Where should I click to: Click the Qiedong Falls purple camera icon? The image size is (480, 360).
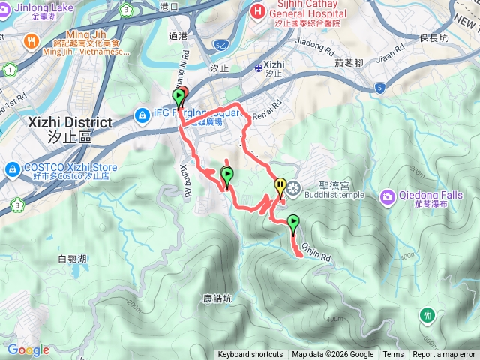click(388, 198)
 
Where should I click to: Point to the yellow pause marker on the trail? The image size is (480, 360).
click(280, 186)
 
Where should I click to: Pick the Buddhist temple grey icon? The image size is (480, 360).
click(293, 187)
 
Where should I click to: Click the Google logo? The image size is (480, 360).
click(28, 349)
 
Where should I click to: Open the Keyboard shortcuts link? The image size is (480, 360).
click(250, 355)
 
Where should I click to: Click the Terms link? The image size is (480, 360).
click(393, 355)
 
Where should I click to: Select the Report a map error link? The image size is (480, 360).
click(444, 355)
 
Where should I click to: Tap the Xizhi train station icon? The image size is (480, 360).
click(258, 67)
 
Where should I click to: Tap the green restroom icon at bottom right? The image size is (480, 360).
click(427, 314)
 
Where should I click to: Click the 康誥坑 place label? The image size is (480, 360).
click(217, 297)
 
